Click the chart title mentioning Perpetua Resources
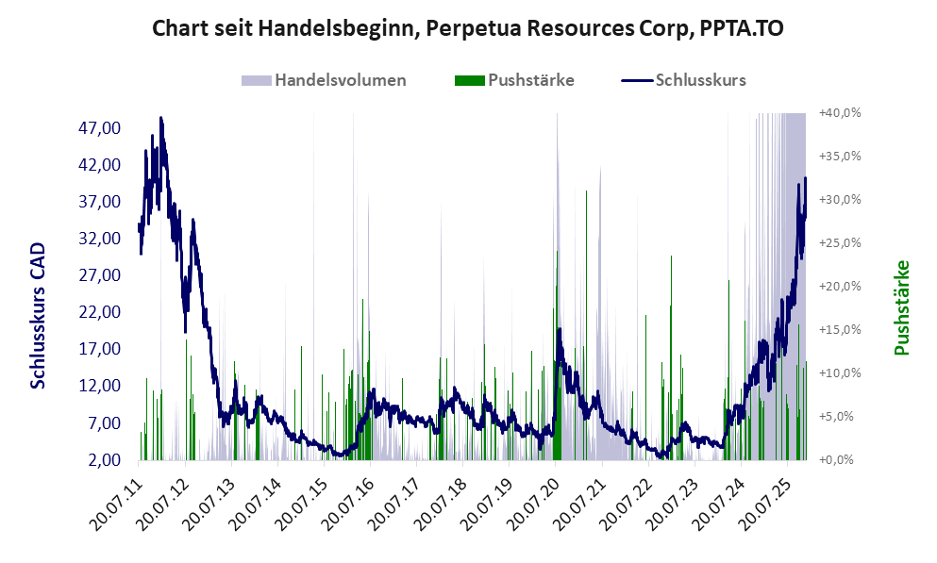click(468, 29)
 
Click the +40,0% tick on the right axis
click(838, 112)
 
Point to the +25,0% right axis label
click(838, 242)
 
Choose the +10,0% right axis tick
click(838, 373)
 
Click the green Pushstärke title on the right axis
click(902, 307)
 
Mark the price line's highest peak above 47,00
click(161, 118)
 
